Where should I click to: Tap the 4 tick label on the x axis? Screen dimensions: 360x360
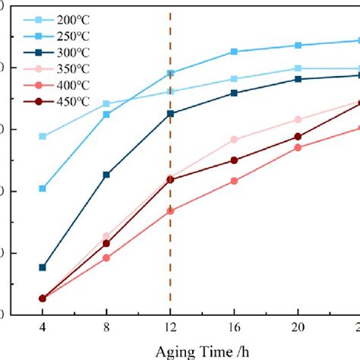pos(43,327)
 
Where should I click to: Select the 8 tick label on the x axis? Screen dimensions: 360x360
pos(106,327)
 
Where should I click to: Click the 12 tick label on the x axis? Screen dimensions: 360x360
pos(170,327)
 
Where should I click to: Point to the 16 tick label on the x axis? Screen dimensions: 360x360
pos(234,327)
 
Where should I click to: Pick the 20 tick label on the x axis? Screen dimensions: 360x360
pos(298,327)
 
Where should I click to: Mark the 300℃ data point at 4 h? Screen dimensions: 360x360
pos(43,267)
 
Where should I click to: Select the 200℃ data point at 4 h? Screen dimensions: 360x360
pos(43,137)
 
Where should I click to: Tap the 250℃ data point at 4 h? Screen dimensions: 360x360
pos(43,188)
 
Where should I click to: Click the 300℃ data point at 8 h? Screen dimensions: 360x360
pos(106,175)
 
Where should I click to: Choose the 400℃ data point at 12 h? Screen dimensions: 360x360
pos(170,210)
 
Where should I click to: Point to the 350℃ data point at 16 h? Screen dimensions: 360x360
pos(234,140)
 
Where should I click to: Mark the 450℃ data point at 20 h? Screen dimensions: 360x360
pos(298,137)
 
